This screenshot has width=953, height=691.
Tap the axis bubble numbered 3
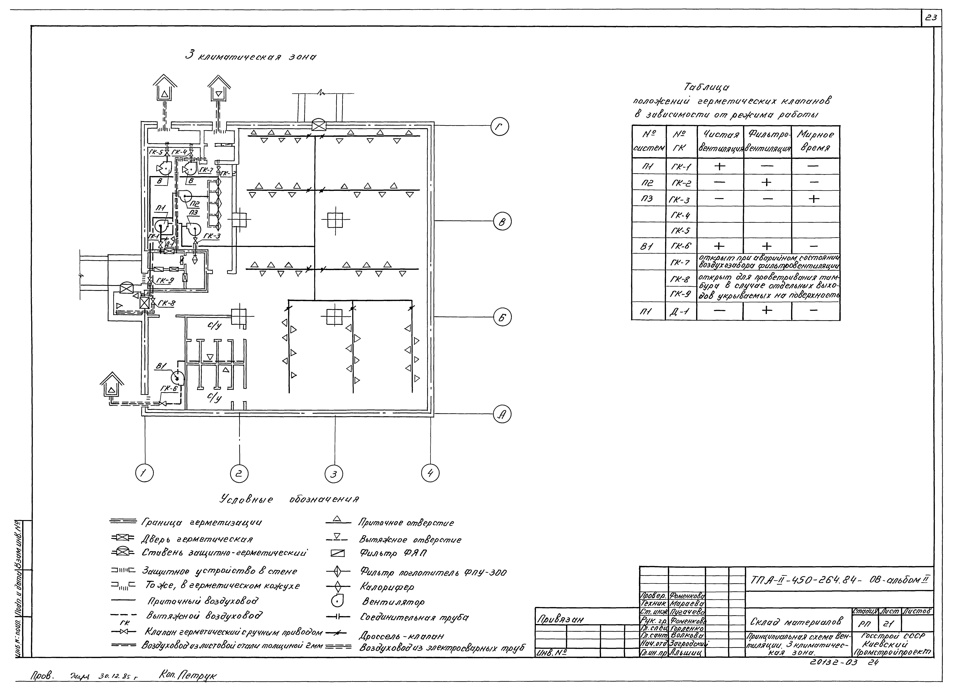(334, 474)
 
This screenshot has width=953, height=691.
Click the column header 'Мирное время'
(815, 142)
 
